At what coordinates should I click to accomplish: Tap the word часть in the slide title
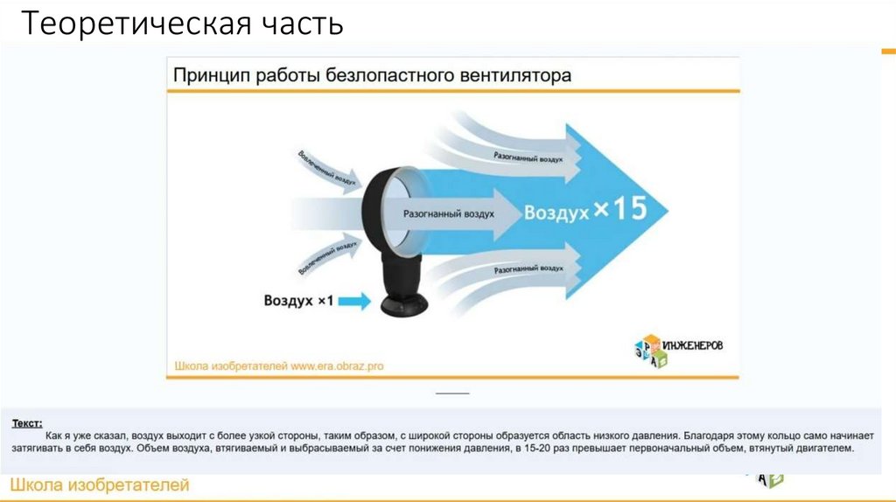300,24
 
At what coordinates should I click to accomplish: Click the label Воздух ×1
299,301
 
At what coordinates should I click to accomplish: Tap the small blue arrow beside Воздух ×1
355,301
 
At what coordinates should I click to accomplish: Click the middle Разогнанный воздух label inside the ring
449,213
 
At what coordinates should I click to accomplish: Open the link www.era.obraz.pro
337,366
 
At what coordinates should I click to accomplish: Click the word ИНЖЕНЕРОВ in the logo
693,345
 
